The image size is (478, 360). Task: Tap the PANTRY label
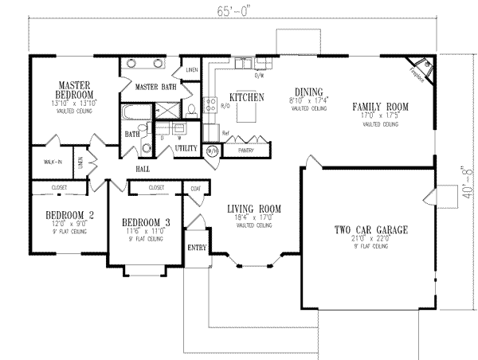click(x=245, y=149)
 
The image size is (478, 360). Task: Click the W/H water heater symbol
click(x=213, y=149)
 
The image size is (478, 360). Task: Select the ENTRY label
click(x=196, y=248)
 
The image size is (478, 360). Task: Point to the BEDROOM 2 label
click(x=58, y=214)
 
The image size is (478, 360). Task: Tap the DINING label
click(x=307, y=91)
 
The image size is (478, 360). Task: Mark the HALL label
click(x=143, y=169)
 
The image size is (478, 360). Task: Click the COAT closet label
click(x=195, y=189)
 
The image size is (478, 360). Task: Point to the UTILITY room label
click(x=186, y=148)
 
